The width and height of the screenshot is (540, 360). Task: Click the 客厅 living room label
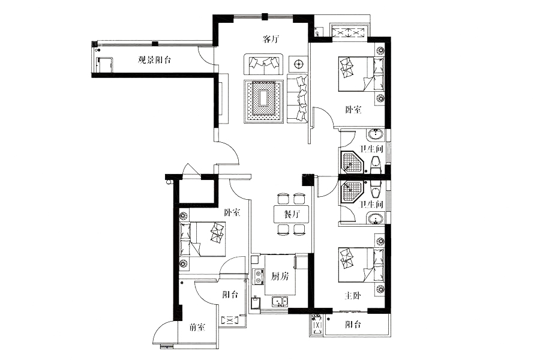tap(271, 39)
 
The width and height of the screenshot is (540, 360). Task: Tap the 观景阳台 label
tap(154, 60)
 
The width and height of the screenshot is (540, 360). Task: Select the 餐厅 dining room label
tap(292, 214)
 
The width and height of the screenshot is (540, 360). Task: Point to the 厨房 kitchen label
tap(280, 276)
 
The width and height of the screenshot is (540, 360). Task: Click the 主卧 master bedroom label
tap(353, 295)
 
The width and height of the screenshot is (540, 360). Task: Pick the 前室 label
tap(197, 327)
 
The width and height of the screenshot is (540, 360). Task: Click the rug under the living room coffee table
tap(263, 101)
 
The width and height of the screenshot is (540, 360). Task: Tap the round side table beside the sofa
tap(298, 64)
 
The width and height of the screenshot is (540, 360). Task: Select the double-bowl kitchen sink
tap(280, 301)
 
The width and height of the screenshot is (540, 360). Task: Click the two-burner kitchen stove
tap(257, 277)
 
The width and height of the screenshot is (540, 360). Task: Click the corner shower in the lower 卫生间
tap(352, 191)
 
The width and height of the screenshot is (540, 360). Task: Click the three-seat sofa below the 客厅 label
tap(263, 64)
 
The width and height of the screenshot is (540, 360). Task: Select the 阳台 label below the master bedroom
tap(353, 324)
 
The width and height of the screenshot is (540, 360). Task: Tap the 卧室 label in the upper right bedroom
tap(353, 110)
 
